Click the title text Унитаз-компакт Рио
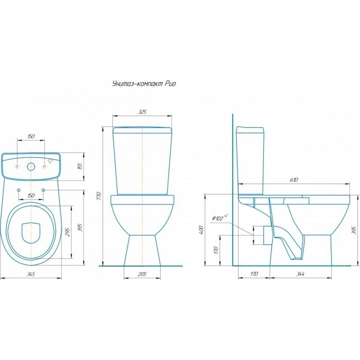(x=144, y=84)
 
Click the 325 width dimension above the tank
(x=142, y=112)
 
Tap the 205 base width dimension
(x=142, y=274)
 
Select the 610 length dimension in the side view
(x=294, y=180)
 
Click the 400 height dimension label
(x=201, y=230)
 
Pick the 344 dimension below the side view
(x=300, y=274)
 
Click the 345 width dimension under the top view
(x=31, y=274)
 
